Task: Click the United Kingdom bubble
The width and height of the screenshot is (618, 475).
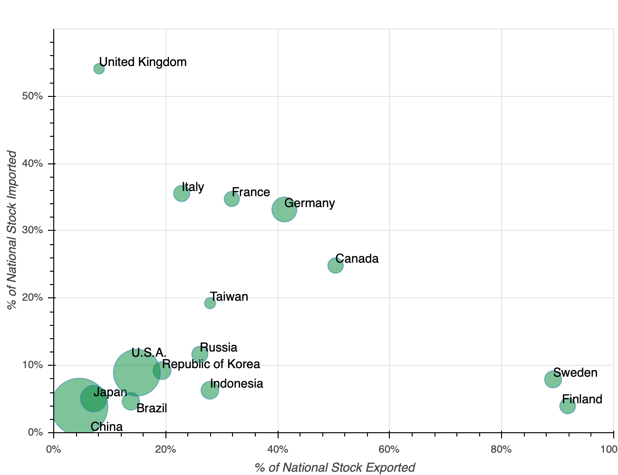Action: [x=99, y=69]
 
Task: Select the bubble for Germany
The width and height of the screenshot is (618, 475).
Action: [x=284, y=209]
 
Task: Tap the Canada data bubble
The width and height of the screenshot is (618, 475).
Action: [x=336, y=266]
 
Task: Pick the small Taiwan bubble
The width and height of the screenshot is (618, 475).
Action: [x=210, y=303]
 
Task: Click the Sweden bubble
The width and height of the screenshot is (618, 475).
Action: [x=553, y=379]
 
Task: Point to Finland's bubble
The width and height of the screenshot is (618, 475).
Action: [x=568, y=406]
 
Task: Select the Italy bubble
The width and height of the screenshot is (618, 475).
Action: [x=182, y=193]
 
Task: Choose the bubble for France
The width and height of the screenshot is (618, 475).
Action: [x=232, y=199]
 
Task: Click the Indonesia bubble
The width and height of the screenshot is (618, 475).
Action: [x=210, y=390]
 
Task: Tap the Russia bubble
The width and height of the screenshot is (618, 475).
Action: [x=200, y=354]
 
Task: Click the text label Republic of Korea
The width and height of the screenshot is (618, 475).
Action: [x=211, y=364]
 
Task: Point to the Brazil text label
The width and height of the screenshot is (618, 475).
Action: [x=152, y=408]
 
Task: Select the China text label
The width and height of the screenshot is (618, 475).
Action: [x=106, y=427]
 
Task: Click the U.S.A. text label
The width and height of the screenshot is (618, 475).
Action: [x=149, y=353]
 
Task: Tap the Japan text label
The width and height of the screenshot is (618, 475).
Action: [x=110, y=392]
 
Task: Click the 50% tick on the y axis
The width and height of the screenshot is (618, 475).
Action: [x=32, y=96]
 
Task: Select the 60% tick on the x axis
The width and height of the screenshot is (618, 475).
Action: [x=389, y=449]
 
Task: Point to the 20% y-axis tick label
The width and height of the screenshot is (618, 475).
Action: [x=32, y=298]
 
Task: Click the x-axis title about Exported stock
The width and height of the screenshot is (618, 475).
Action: [x=335, y=467]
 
